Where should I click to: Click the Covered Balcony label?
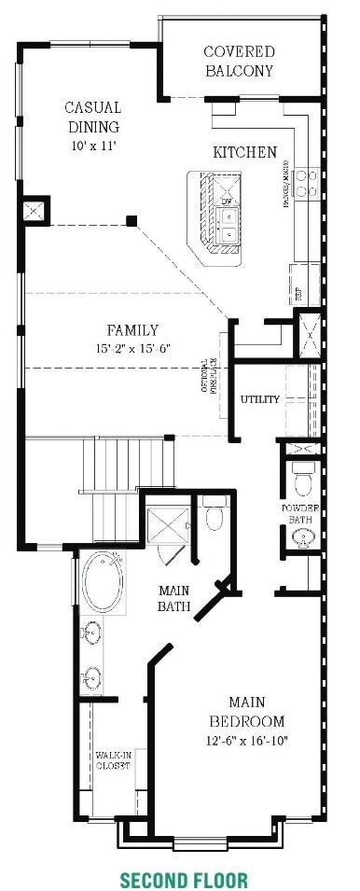pyautogui.click(x=240, y=61)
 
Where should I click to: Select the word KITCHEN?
pyautogui.click(x=244, y=152)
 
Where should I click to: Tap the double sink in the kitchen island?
pyautogui.click(x=226, y=224)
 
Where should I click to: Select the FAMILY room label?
pyautogui.click(x=132, y=329)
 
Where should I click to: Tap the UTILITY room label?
pyautogui.click(x=259, y=399)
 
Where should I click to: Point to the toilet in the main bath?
pyautogui.click(x=214, y=514)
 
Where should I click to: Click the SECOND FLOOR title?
pyautogui.click(x=183, y=879)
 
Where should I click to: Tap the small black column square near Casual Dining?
pyautogui.click(x=132, y=221)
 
